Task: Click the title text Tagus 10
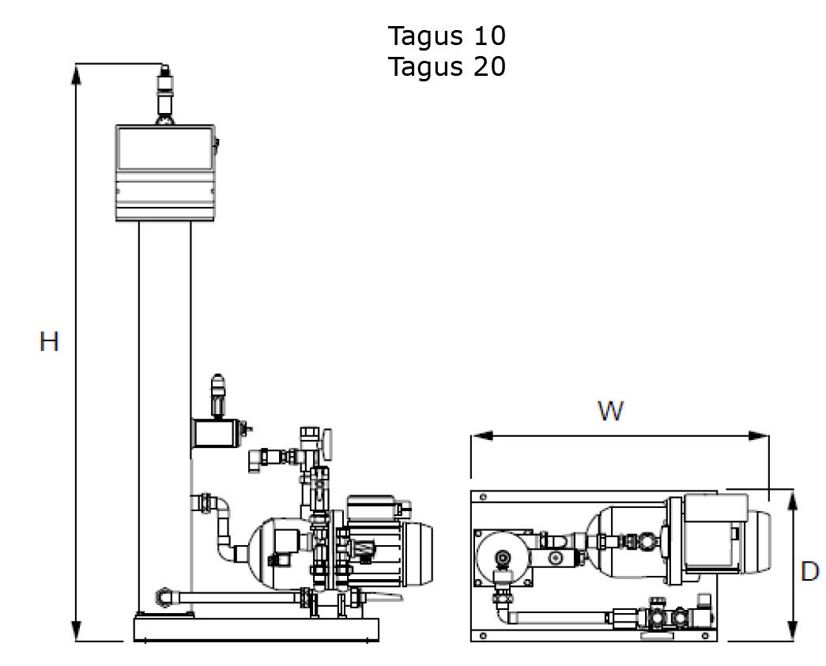pos(447,36)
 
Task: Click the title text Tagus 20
pos(447,66)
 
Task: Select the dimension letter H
pos(49,342)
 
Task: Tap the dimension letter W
pos(610,411)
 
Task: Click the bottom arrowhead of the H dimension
pos(77,632)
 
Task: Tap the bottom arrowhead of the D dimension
pos(793,632)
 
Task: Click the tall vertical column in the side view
pos(164,411)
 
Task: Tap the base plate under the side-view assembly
pos(256,630)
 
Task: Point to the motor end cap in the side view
pos(423,545)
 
